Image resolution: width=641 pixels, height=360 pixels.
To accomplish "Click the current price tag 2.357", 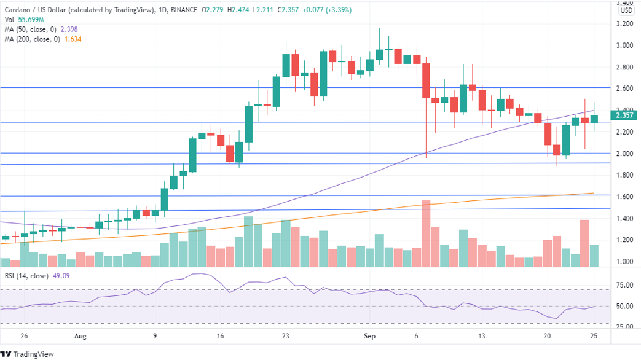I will (625, 115).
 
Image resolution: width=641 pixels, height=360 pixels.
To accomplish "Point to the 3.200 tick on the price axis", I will (625, 24).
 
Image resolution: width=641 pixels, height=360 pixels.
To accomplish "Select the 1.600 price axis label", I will (625, 197).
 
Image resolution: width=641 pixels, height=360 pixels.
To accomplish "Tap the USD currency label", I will (626, 10).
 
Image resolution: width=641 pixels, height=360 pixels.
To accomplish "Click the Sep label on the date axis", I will (369, 336).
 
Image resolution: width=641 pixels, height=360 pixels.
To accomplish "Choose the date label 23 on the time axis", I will (285, 336).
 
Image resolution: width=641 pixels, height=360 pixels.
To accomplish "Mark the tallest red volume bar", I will (426, 233).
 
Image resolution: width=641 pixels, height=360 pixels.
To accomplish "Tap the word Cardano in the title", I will (18, 10).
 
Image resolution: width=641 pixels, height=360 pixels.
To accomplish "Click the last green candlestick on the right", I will (594, 119).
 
